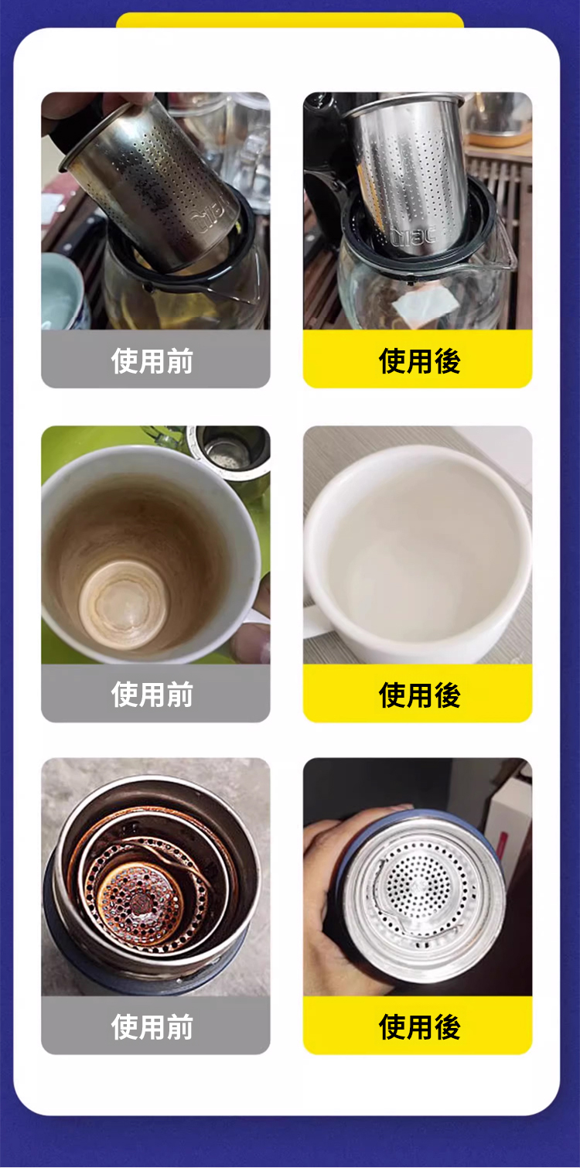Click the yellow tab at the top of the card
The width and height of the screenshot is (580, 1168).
(x=290, y=20)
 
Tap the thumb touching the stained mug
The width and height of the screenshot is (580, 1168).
(x=251, y=641)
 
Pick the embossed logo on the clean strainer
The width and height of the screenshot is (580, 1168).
(x=415, y=235)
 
